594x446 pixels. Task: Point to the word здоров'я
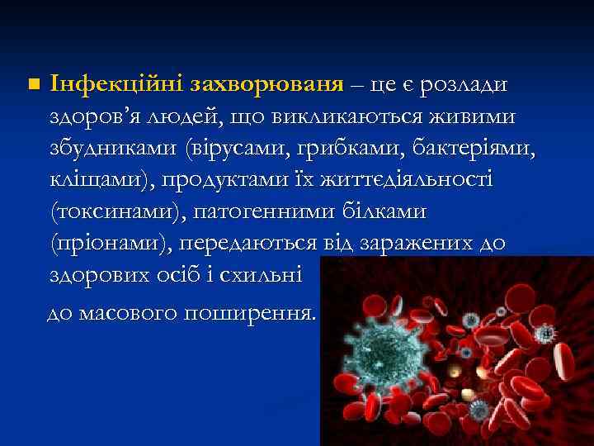pos(92,117)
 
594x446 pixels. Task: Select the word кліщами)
pos(98,181)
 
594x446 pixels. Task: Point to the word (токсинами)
pos(115,212)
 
